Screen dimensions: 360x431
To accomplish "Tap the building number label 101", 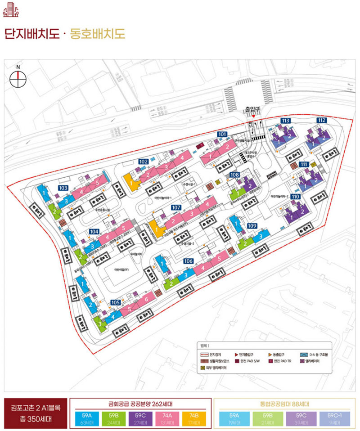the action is pos(222,135).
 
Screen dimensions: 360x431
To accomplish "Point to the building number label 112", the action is pos(321,120).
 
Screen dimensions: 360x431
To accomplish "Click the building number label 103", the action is pos(63,187).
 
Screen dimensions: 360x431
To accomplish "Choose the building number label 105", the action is pos(116,302).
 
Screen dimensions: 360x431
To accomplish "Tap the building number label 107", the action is pos(176,208).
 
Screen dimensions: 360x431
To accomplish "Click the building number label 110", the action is pos(295,197).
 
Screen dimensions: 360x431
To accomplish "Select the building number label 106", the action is pos(189,261).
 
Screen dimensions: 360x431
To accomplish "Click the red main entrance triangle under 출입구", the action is pos(254,117).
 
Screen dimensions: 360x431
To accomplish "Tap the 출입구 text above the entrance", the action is pos(253,109).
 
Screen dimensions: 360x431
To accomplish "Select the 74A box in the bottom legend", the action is pos(168,418).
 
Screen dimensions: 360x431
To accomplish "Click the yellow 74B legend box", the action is pos(194,418).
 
